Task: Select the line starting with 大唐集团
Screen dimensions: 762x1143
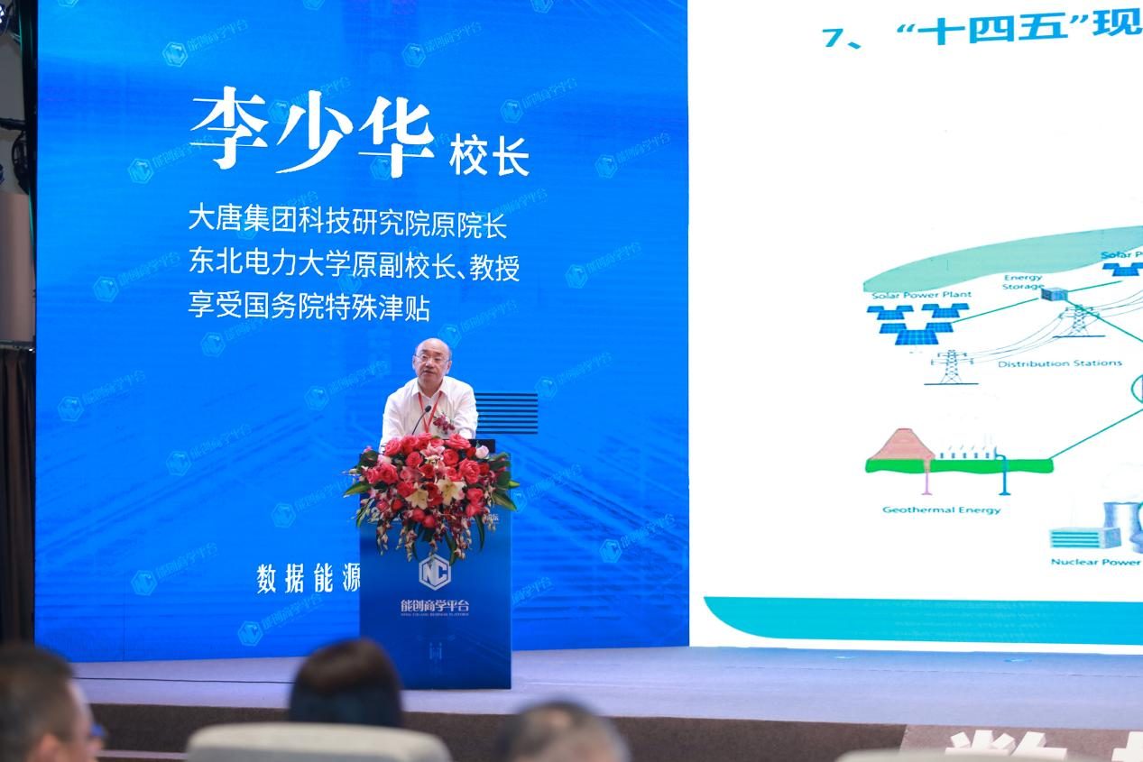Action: [x=347, y=222]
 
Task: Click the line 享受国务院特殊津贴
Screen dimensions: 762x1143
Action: [x=309, y=308]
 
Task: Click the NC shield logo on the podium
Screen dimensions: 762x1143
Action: [x=434, y=568]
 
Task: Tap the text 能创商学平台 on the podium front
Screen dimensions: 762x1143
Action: [x=435, y=605]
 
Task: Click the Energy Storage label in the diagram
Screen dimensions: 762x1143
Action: [x=1022, y=282]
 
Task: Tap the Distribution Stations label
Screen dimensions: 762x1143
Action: [x=1059, y=363]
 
